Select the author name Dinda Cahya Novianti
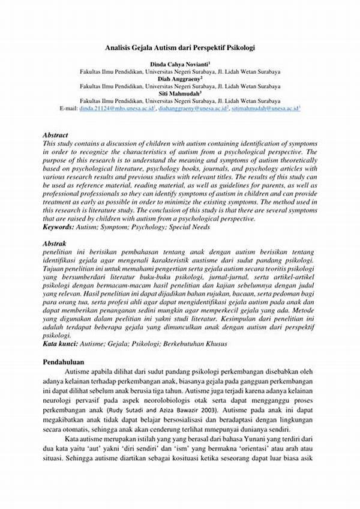coord(179,64)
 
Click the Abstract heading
coord(56,136)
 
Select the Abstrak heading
coord(55,244)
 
